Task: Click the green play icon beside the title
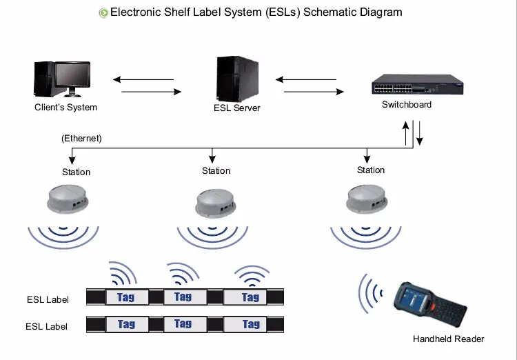pos(104,12)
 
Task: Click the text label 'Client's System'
pos(66,108)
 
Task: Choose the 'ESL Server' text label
pos(237,108)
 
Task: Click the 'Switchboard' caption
pos(407,105)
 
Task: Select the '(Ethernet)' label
pos(82,139)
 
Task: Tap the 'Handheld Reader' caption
pos(448,339)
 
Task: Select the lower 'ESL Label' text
pos(47,326)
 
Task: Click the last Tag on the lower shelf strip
pos(251,324)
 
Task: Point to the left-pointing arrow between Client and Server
pos(147,79)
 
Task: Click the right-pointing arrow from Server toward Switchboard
pos(314,91)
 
